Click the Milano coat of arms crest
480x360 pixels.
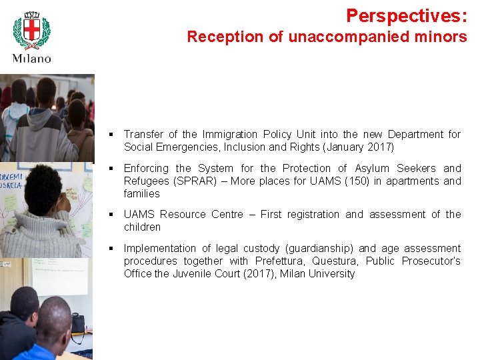coord(31,30)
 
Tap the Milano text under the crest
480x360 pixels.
coord(31,58)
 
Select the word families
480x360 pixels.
coord(142,194)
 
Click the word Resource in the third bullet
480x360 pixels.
coord(183,215)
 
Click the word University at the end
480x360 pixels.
coord(331,274)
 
